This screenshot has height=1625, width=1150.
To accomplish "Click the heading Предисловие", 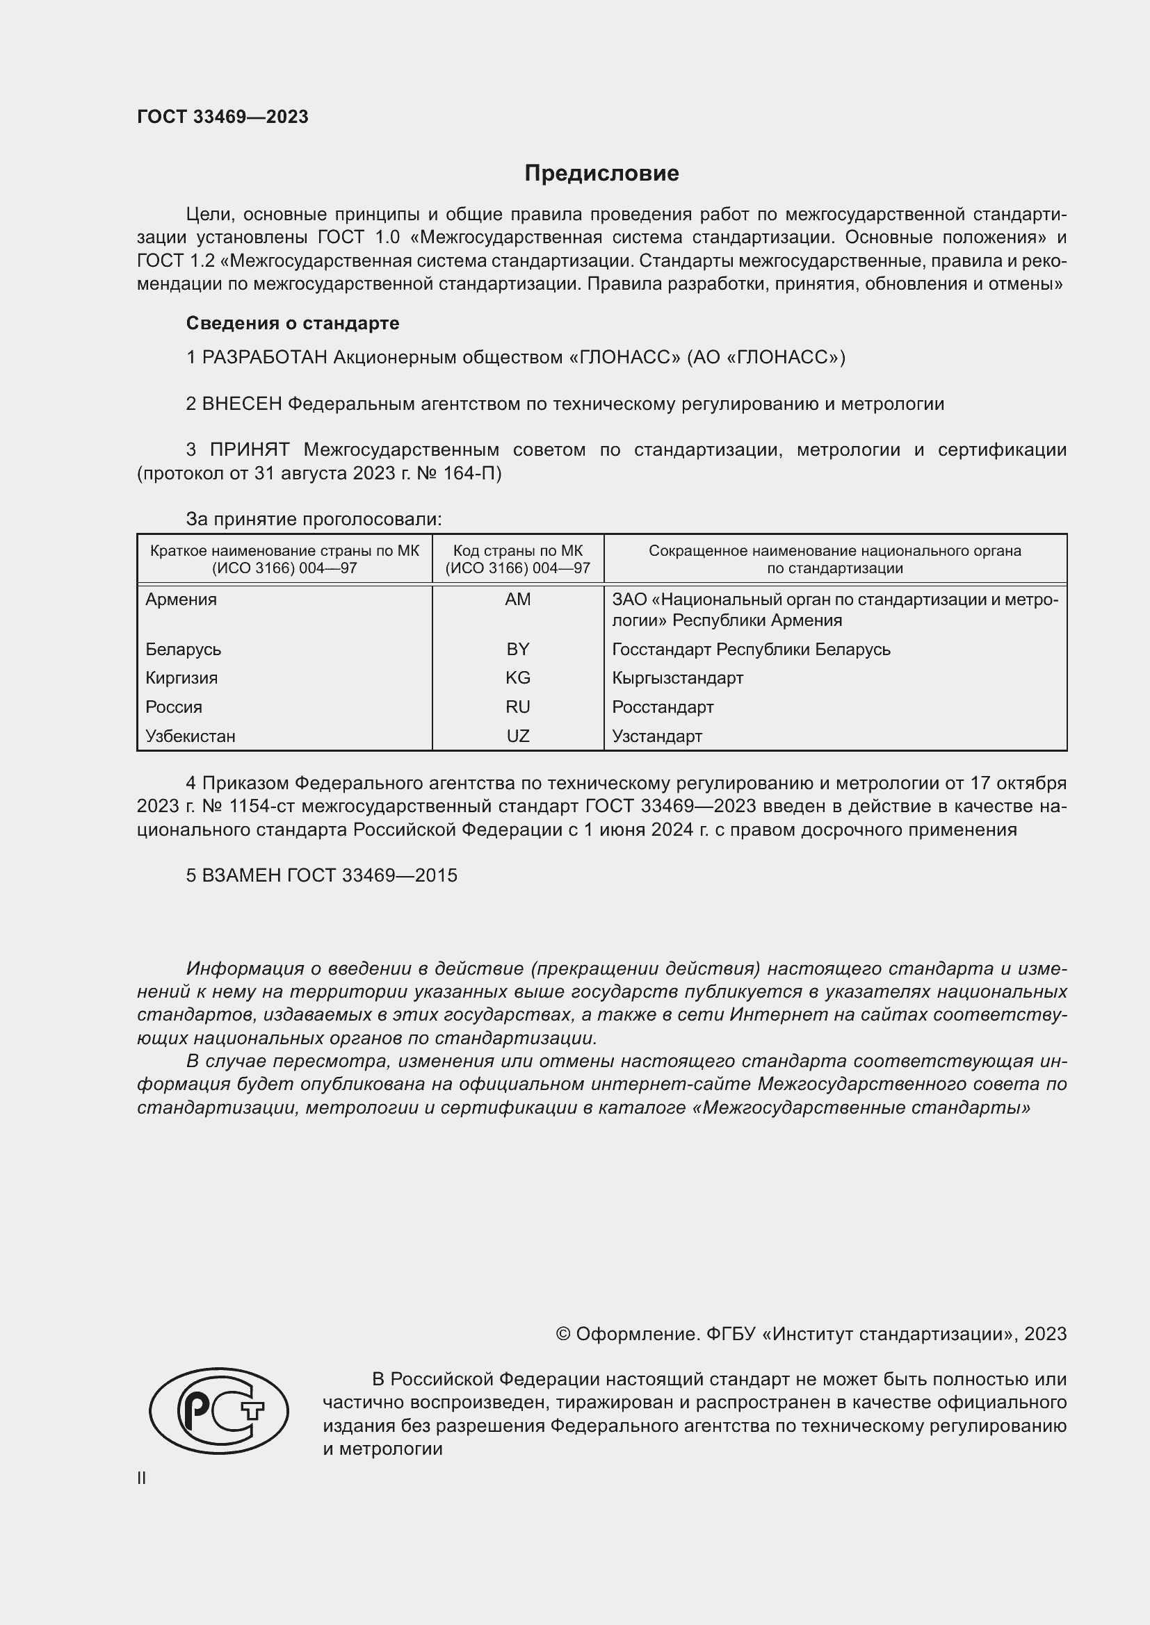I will point(601,174).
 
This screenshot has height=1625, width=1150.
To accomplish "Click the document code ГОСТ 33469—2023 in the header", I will point(222,117).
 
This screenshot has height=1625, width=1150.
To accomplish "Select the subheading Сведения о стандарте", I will point(293,324).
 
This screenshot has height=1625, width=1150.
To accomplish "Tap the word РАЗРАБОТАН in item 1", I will point(265,357).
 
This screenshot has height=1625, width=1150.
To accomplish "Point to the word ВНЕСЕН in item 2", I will point(242,404).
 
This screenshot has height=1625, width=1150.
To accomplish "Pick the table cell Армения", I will point(181,600).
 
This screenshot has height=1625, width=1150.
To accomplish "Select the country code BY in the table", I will point(518,649).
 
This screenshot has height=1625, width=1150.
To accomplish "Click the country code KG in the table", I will point(518,678).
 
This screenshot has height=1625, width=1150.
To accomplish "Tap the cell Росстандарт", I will point(663,707).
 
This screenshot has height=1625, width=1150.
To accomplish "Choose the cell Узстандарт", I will point(657,736).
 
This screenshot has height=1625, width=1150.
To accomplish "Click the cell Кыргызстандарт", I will point(678,678).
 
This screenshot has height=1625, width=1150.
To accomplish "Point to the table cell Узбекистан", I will point(191,736).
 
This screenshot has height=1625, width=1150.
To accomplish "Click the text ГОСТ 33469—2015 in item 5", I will point(372,875).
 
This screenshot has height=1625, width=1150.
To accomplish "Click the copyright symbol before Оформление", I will point(563,1334).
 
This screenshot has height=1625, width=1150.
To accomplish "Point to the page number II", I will point(142,1478).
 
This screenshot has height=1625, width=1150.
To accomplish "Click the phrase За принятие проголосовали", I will point(314,520).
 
